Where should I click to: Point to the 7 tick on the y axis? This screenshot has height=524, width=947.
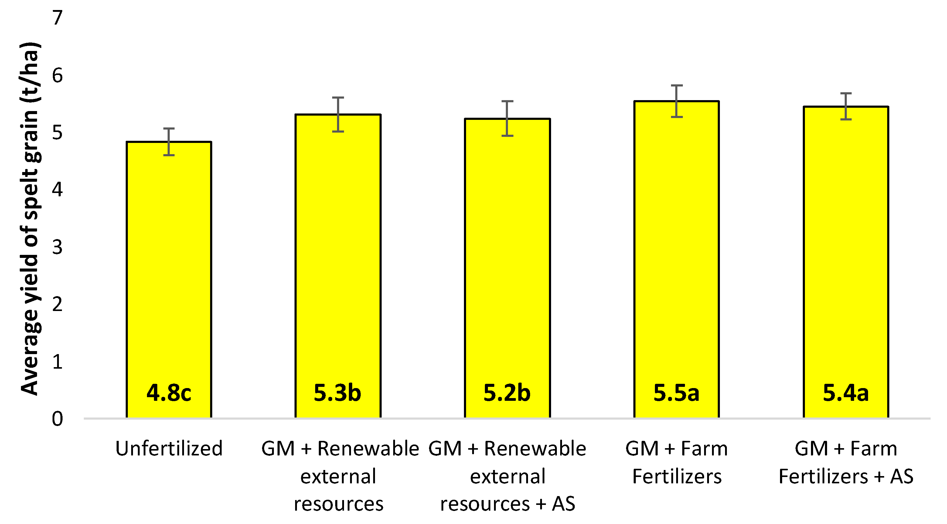57,18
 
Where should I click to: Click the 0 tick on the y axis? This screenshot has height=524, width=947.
57,419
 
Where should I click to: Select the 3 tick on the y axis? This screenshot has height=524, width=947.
57,247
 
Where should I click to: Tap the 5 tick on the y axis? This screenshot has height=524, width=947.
57,133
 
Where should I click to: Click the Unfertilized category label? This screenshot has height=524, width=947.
169,449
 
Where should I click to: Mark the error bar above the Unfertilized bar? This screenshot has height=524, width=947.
169,141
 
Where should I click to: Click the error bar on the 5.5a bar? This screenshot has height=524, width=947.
676,101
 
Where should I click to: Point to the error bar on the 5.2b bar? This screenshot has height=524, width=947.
507,118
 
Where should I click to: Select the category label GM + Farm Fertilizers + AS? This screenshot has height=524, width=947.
846,462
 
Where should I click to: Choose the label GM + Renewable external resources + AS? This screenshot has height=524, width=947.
507,476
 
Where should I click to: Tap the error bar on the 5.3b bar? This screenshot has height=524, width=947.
338,114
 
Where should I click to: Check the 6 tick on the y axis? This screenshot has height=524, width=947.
57,75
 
